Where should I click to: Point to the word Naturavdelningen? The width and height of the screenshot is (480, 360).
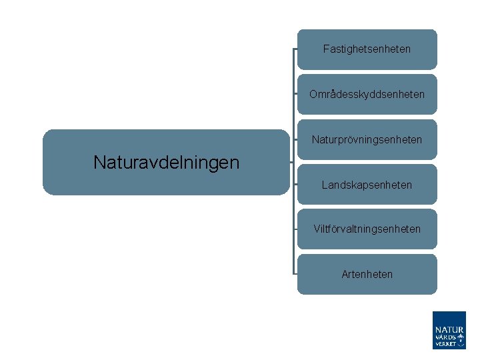click(166, 162)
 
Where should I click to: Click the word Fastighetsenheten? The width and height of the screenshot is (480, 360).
click(367, 49)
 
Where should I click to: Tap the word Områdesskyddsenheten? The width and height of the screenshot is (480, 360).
click(367, 95)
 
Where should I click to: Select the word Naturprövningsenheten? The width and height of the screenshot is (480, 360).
click(367, 140)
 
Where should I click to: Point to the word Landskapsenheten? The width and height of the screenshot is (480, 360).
click(367, 185)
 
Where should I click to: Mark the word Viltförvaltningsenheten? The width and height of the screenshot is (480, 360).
click(367, 229)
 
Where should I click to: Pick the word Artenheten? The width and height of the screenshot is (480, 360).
click(367, 274)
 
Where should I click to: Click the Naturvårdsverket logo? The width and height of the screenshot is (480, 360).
click(449, 330)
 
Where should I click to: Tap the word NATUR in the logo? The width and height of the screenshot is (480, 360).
click(449, 329)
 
